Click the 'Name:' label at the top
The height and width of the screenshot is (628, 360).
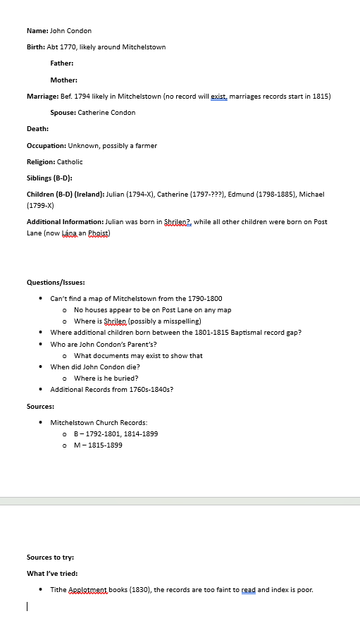[37, 31]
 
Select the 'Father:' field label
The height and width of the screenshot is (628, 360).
[62, 63]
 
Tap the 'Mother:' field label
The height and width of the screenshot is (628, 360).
[63, 80]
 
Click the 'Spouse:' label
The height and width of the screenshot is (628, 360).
[63, 113]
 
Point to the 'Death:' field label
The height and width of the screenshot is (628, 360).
[37, 129]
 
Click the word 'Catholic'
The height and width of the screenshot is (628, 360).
[70, 162]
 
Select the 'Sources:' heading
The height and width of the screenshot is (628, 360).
[40, 407]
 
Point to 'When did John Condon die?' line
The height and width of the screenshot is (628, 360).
[95, 367]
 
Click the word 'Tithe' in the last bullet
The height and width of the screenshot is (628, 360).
[58, 590]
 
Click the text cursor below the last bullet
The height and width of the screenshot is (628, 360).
[27, 605]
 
